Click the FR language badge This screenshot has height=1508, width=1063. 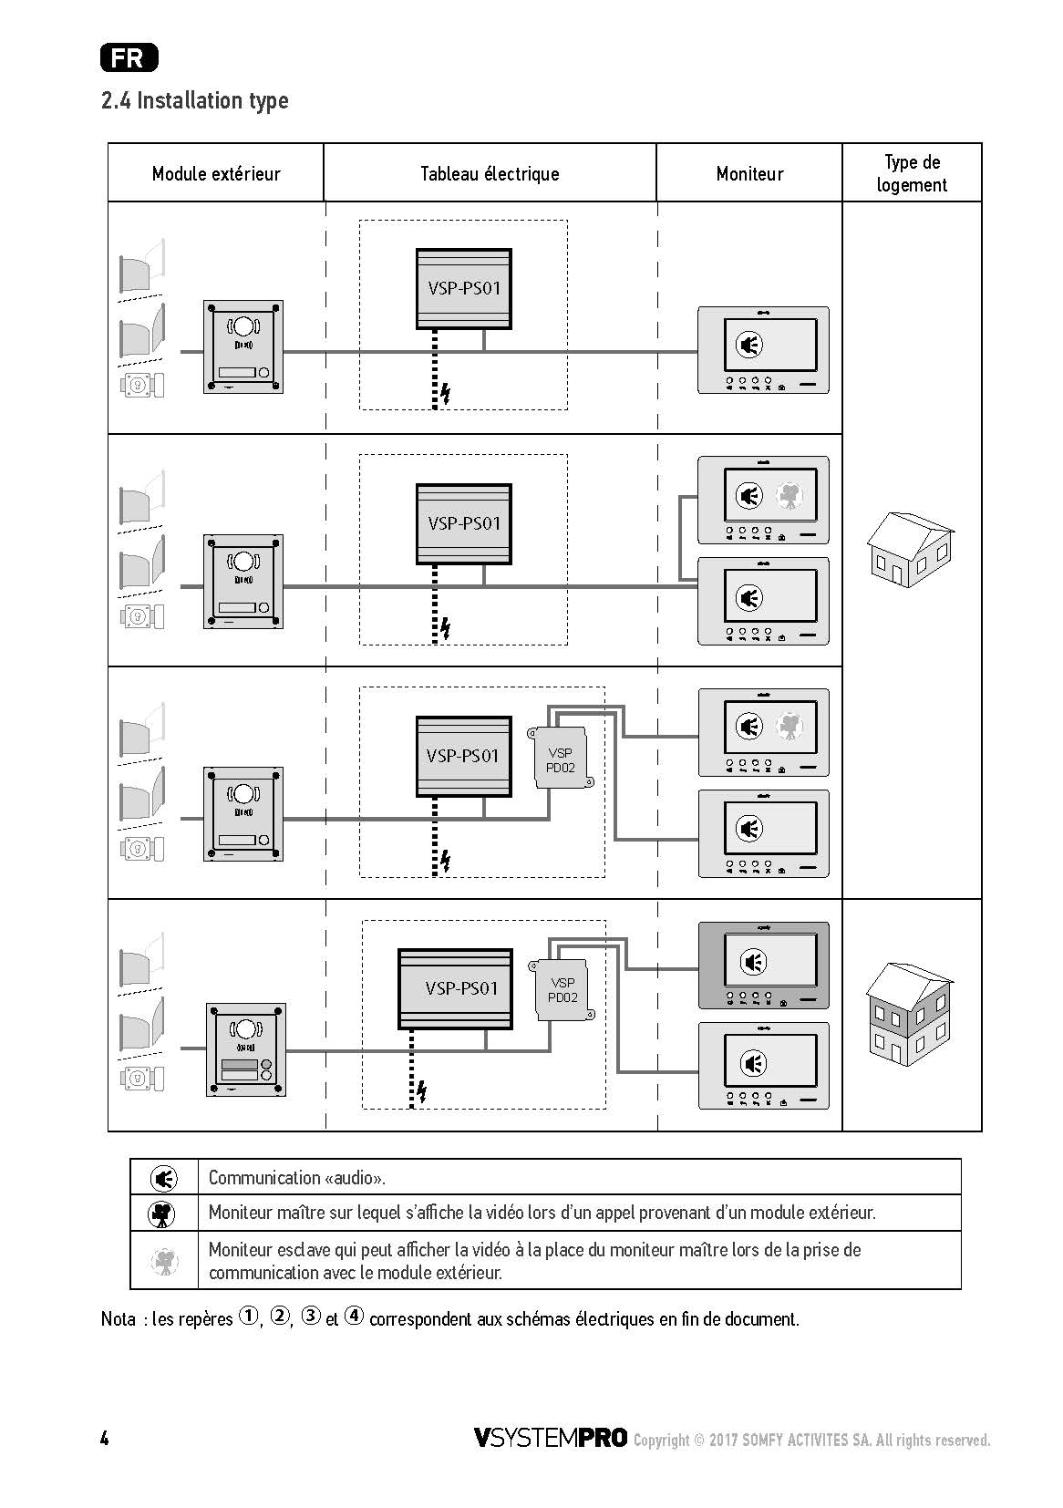click(129, 57)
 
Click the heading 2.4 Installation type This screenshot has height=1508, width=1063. click(194, 101)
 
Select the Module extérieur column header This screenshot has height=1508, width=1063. click(216, 174)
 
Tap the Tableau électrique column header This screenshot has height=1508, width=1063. click(490, 174)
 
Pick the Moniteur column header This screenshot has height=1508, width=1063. click(749, 174)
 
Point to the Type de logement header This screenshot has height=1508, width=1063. click(912, 173)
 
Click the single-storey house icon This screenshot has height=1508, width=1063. click(910, 550)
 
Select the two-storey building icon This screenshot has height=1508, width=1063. click(910, 1014)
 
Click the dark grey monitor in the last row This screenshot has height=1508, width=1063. click(763, 966)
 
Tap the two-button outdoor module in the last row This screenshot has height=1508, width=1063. click(246, 1050)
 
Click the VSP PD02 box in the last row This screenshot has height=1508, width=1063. click(562, 989)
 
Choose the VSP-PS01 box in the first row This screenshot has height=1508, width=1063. click(464, 289)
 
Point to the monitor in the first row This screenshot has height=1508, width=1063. click(763, 350)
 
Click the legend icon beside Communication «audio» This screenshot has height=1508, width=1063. click(163, 1178)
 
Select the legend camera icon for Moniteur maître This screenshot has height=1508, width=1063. click(161, 1214)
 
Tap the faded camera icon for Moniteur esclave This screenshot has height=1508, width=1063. click(164, 1261)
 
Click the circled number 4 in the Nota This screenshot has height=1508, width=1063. click(354, 1316)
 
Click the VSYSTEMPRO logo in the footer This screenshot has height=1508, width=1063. click(551, 1437)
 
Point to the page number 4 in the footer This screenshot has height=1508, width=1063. click(104, 1439)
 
